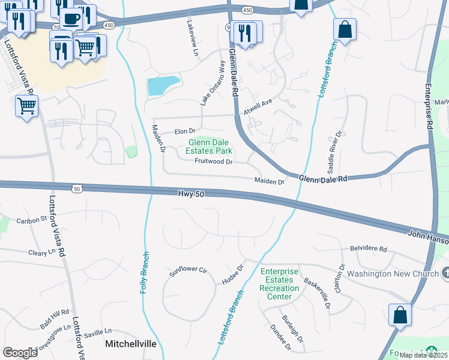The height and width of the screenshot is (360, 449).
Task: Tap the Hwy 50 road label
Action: pos(191,193)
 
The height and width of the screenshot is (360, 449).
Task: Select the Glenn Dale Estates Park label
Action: pos(210,147)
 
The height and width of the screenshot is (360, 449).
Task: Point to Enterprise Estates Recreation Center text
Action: pos(279,284)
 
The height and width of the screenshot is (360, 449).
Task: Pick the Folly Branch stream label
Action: pos(144,272)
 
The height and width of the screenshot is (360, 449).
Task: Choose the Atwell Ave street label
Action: pos(258,107)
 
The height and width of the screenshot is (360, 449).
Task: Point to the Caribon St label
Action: pos(31,220)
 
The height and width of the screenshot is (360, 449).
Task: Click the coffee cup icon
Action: pos(71,19)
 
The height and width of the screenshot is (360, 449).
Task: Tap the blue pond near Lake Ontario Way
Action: pos(163,86)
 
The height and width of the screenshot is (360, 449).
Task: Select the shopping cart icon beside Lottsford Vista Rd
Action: pos(26,106)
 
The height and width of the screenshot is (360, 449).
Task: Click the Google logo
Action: pos(20,352)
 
